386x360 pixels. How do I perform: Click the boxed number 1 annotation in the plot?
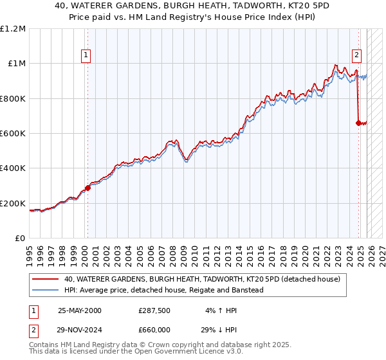86,55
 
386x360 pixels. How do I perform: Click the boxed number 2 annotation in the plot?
356,55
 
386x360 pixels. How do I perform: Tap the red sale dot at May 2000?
88,188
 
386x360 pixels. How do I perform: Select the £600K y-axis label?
14,134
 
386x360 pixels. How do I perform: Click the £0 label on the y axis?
19,239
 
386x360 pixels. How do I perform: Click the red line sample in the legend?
46,279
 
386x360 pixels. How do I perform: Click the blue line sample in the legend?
46,290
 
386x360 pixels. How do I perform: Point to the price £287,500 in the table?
154,310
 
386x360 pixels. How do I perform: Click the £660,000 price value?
154,329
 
